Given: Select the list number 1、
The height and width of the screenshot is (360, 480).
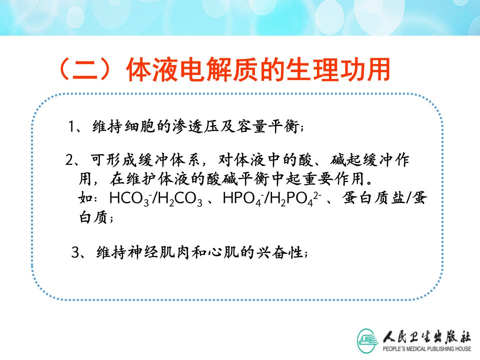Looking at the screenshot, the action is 75,126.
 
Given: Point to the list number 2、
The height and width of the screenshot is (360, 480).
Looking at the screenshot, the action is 72,160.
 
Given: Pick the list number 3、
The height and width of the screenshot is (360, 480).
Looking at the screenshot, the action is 78,252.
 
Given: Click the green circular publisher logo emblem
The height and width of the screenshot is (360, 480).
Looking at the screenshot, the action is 367,340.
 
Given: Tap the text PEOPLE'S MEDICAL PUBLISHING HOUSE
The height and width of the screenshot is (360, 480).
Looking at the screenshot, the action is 426,348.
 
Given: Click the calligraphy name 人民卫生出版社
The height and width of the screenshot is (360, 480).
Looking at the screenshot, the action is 426,337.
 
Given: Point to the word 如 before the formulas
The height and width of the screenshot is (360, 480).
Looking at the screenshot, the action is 85,198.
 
